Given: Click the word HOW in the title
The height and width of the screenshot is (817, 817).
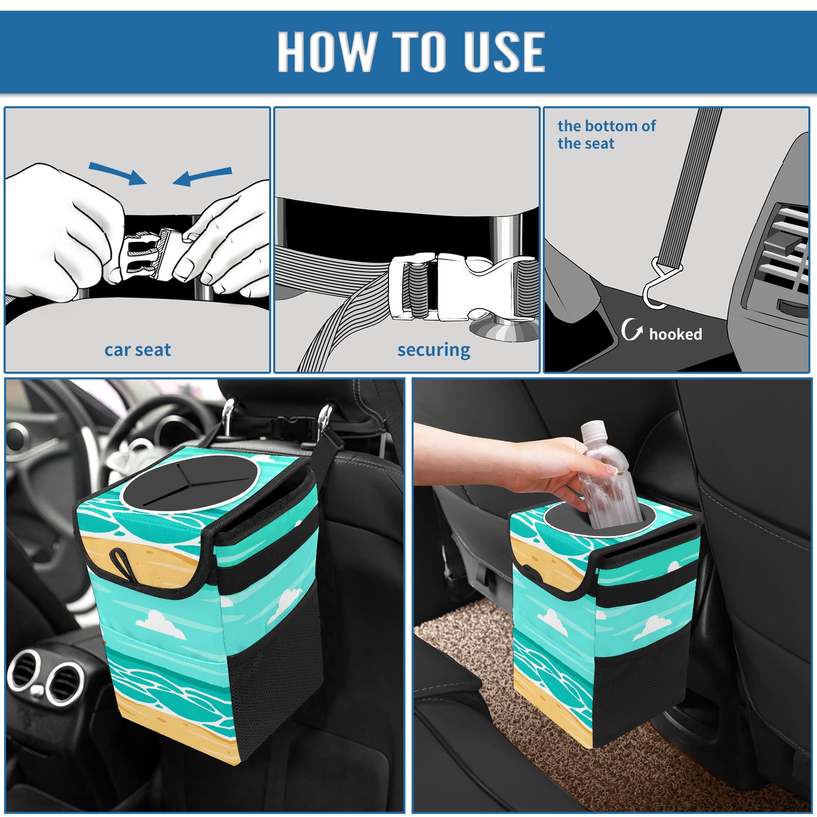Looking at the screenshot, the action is click(x=326, y=51).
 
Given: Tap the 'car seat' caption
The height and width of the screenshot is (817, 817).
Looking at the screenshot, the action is click(x=137, y=350).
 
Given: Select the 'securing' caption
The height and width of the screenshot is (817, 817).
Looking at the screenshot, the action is click(x=434, y=350).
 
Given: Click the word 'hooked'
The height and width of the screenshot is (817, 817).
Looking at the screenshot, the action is click(x=676, y=334).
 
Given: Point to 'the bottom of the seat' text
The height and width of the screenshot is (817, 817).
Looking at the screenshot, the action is click(x=606, y=134).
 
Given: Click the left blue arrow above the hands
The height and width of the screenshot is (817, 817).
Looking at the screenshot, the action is click(x=117, y=173).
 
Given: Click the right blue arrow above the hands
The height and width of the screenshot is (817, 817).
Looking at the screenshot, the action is click(x=202, y=177).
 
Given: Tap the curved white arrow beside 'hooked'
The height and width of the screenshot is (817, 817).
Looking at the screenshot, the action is click(x=632, y=329).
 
